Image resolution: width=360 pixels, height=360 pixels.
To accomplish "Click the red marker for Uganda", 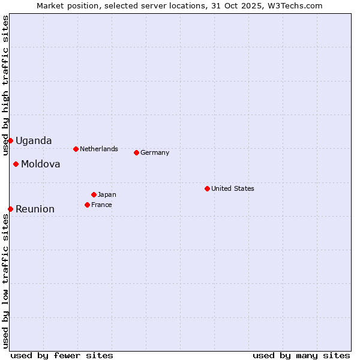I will click(10, 140).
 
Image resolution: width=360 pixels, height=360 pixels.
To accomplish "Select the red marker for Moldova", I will click(16, 164).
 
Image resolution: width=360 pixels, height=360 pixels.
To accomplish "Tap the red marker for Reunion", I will click(10, 209).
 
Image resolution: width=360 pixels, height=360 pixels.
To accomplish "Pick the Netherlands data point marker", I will click(76, 149).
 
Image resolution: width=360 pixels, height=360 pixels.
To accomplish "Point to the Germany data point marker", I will click(136, 152).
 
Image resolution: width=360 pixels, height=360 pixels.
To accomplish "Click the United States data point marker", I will click(207, 188).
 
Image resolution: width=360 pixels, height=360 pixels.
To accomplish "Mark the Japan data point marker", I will click(94, 194).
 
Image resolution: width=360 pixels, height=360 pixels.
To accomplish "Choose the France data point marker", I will click(87, 205).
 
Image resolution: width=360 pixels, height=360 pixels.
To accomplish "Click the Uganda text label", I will click(34, 141).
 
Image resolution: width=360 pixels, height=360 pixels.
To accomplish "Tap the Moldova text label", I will click(41, 164).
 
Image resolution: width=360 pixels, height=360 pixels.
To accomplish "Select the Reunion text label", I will click(35, 209).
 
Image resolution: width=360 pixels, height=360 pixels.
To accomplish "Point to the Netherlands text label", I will click(99, 149).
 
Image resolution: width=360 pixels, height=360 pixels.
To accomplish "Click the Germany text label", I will click(155, 152).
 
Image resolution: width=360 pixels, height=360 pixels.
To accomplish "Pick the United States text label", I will click(233, 188).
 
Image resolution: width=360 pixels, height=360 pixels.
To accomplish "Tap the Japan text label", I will click(107, 194).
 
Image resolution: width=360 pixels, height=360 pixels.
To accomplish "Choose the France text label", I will click(101, 205).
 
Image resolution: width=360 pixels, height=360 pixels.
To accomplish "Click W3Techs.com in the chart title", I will click(292, 6).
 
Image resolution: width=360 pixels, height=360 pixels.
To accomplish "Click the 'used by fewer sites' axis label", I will click(62, 355).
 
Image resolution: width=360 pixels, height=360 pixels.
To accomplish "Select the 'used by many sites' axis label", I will click(301, 355).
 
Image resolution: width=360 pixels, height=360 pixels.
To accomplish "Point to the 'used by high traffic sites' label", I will click(6, 85).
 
